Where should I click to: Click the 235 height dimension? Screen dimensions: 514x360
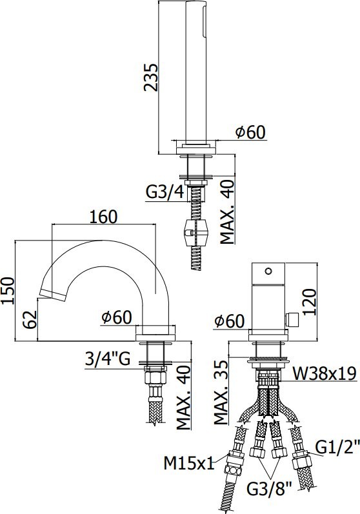click(x=149, y=77)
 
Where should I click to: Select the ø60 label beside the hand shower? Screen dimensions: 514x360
click(x=250, y=132)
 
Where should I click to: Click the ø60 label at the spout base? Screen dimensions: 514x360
click(x=117, y=317)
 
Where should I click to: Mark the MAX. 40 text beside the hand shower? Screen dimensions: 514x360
click(x=226, y=212)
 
